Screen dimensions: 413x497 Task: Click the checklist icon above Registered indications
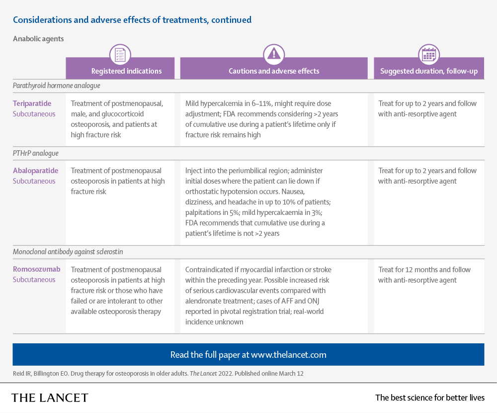coord(120,54)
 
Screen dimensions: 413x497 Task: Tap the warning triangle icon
coord(273,54)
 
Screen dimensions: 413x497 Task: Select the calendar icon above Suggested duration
coord(428,54)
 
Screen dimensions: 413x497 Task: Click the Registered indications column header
coord(126,71)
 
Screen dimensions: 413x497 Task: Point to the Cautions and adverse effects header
coord(274,71)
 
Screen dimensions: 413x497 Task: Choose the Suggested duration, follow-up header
coord(428,71)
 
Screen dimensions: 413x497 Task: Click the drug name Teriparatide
coord(32,103)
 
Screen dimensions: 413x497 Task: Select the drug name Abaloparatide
coord(35,171)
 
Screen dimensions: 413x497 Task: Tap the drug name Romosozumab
coord(36,269)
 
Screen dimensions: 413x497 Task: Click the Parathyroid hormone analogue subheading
coord(56,86)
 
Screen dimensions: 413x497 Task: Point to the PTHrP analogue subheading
coord(35,153)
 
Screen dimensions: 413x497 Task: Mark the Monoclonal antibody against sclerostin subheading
coord(68,252)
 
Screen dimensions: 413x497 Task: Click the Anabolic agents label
coord(38,38)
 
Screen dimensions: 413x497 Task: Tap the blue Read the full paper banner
coord(248,355)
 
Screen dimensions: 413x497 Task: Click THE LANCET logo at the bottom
coord(50,398)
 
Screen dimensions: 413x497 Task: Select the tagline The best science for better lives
coord(429,398)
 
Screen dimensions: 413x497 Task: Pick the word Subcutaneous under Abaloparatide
coord(34,181)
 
